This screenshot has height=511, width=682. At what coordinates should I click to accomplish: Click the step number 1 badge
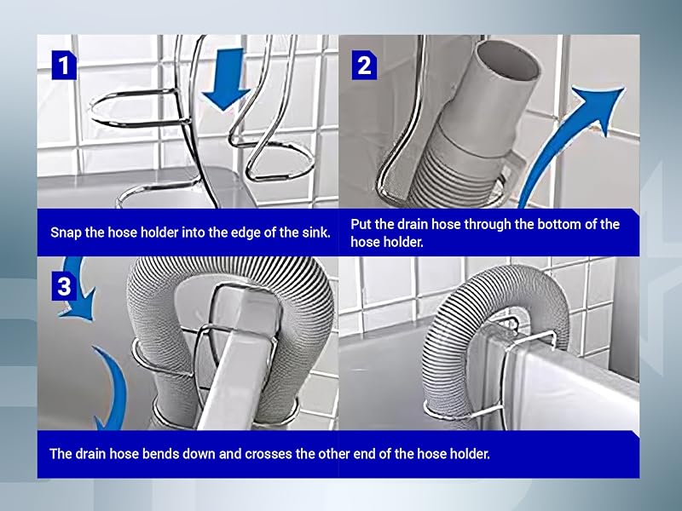[64, 65]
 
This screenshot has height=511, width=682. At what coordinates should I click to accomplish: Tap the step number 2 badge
[364, 65]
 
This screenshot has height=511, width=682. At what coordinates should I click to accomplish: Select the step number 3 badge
[64, 286]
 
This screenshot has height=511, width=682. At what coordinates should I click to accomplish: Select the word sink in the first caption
[314, 233]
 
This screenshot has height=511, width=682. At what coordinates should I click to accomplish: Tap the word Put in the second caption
[361, 225]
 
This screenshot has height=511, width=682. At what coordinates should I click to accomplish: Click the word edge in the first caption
[235, 233]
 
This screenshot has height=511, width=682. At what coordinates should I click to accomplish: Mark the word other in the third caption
[323, 453]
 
